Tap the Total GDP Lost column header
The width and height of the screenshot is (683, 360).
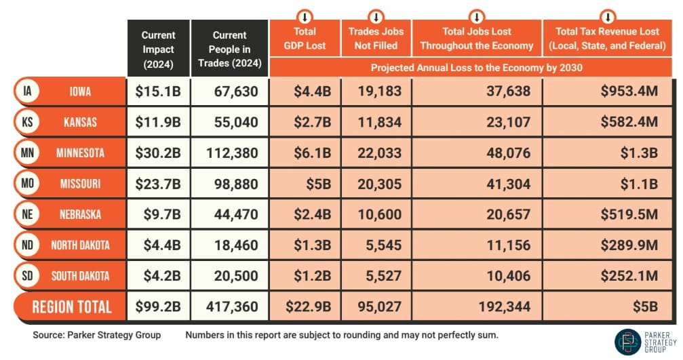pos(305,39)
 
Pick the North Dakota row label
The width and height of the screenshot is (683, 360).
pos(80,245)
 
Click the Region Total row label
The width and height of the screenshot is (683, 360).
pos(71,306)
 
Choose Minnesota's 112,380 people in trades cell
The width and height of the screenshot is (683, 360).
pos(228,153)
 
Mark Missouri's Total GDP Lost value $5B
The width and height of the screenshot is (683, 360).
pos(317,184)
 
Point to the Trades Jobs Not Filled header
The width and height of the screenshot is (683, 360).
pos(375,39)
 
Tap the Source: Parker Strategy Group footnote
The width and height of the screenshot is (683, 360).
pos(96,336)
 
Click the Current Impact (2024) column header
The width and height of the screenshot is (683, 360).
pos(158,49)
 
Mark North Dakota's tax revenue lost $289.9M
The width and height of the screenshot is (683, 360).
pos(629,245)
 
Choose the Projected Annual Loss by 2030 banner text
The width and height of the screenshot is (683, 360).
pos(476,68)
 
